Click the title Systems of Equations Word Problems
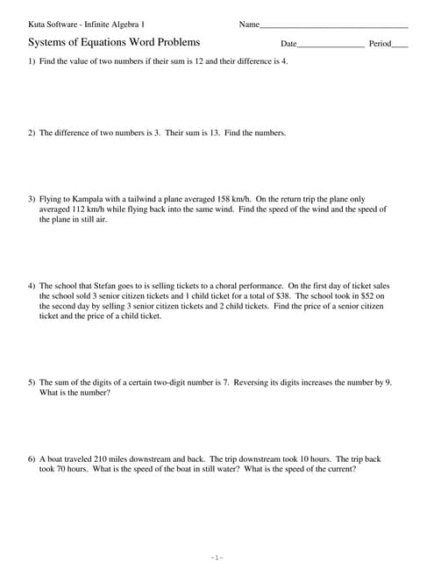[114, 42]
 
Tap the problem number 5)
[32, 382]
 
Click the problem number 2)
[32, 132]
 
